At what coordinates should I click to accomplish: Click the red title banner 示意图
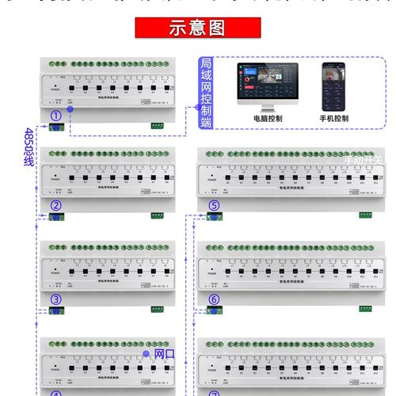point(197,29)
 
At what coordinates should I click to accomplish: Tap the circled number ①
point(55,116)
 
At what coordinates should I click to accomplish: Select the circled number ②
point(55,207)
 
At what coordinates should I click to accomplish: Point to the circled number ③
point(55,299)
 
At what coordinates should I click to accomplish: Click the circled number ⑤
point(214,207)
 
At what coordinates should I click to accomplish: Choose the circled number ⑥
point(214,299)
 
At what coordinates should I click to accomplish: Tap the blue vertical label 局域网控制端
point(206,93)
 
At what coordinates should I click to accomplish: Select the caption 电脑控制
point(268,118)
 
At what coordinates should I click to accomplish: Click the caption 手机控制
point(334,118)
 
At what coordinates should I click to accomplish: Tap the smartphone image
point(333,85)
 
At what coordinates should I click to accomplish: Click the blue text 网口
point(164,353)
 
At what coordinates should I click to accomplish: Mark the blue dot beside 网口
point(147,353)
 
